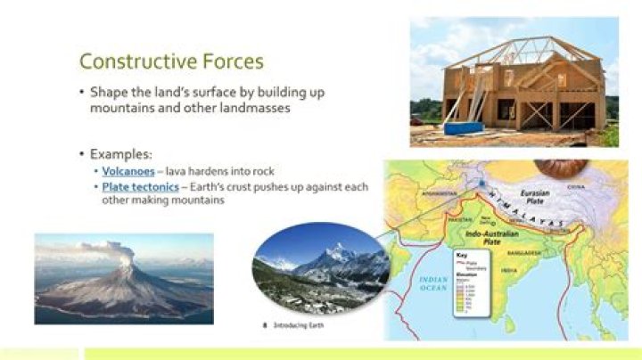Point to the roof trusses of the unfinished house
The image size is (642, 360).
point(526,53)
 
